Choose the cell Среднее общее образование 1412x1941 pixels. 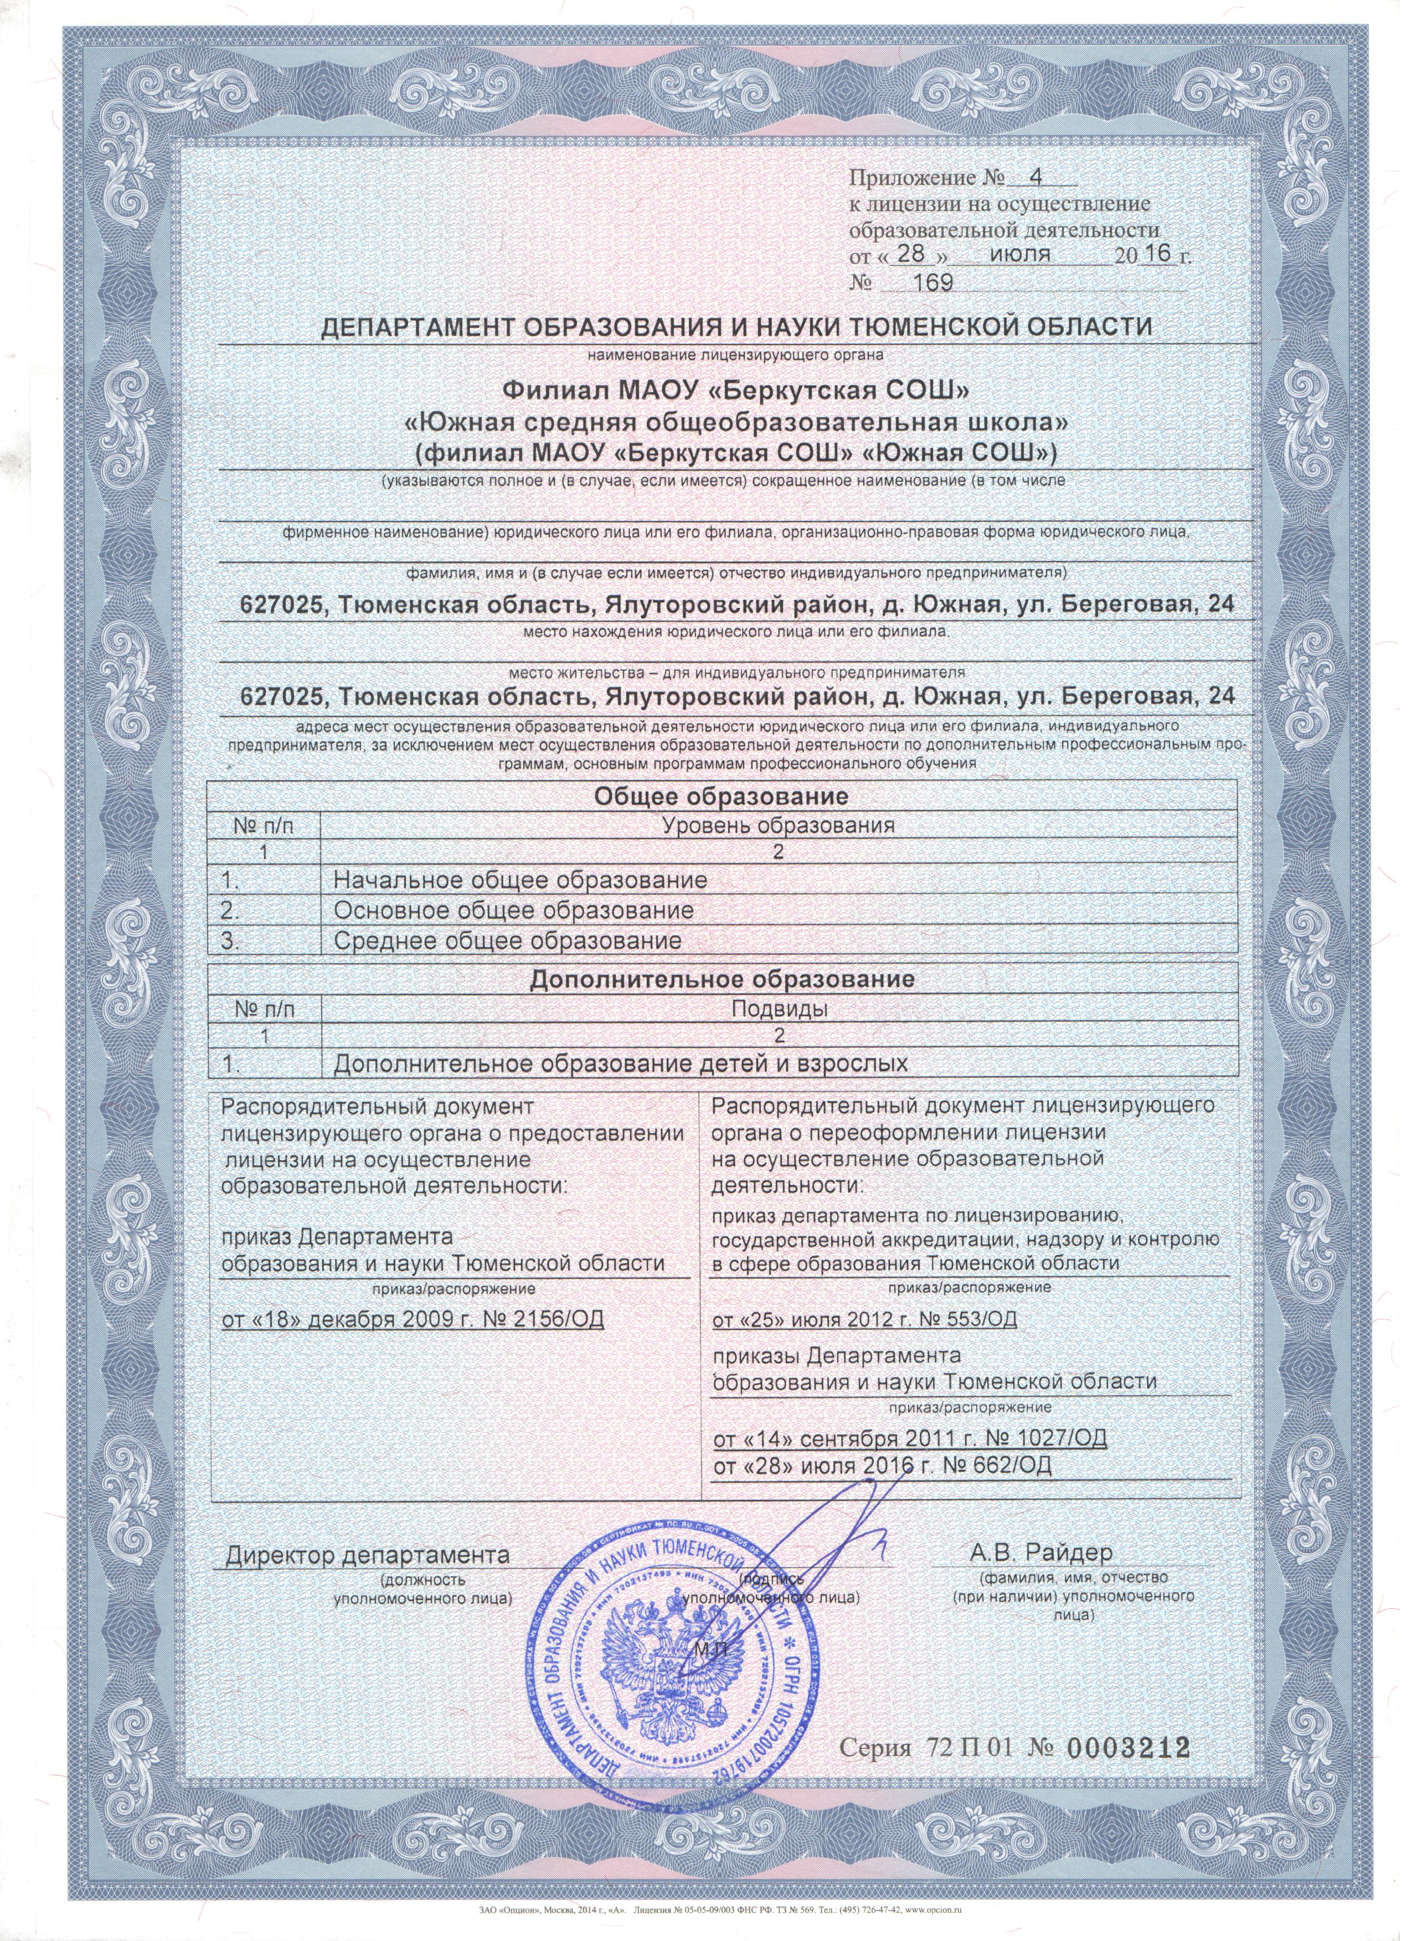(x=507, y=941)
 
